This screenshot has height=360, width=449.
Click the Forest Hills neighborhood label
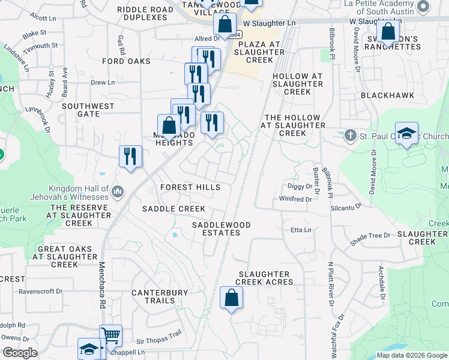pyautogui.click(x=190, y=187)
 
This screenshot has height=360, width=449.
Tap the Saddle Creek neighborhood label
pyautogui.click(x=173, y=209)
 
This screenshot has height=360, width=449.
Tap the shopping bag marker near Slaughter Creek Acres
pyautogui.click(x=231, y=298)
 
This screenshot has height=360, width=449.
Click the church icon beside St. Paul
pyautogui.click(x=350, y=134)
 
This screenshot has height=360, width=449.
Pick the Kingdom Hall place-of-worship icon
pyautogui.click(x=117, y=192)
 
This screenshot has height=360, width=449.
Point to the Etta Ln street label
pyautogui.click(x=301, y=230)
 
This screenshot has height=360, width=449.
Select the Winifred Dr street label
pyautogui.click(x=296, y=199)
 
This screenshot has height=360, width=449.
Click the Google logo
pyautogui.click(x=20, y=353)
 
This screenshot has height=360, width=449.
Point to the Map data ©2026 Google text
pyautogui.click(x=411, y=355)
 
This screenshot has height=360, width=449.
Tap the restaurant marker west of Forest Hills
pyautogui.click(x=130, y=157)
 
